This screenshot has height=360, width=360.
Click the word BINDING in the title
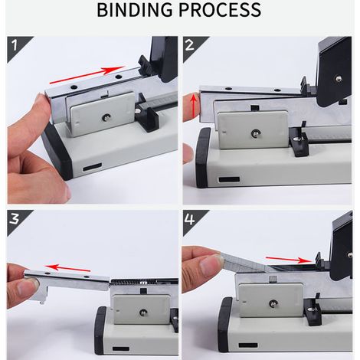(135, 10)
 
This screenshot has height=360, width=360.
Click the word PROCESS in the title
(220, 10)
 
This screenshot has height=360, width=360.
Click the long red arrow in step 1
(87, 75)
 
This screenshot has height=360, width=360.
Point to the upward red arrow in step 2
(194, 106)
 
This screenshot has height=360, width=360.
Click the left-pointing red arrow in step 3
(67, 268)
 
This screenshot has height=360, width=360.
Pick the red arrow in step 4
(289, 260)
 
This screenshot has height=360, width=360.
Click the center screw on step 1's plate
(105, 117)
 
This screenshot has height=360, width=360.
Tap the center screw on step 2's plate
(255, 133)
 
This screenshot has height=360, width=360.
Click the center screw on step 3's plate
(142, 313)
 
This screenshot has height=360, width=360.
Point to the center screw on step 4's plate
(273, 303)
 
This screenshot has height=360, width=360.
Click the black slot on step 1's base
(92, 168)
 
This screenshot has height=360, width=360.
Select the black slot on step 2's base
(229, 179)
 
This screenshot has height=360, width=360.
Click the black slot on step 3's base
(121, 349)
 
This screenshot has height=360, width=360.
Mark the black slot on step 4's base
(248, 345)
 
